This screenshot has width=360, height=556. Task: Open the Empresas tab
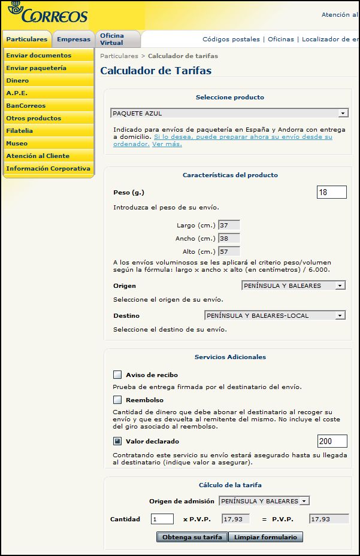pos(74,40)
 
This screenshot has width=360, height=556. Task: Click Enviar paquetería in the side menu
pos(36,68)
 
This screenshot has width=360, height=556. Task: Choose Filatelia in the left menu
pos(20,131)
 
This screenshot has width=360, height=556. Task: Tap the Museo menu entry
pos(17,144)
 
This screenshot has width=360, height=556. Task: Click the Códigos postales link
pos(231,40)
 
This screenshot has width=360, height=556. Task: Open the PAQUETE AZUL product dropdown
pos(229,113)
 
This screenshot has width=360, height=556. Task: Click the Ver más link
pos(167,144)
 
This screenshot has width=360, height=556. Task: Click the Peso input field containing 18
pos(332,192)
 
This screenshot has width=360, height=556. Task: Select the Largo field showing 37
pos(229,226)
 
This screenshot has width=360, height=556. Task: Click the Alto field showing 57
pos(229,251)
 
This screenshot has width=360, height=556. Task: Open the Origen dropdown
pos(294,286)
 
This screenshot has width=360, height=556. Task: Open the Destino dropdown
pos(275,315)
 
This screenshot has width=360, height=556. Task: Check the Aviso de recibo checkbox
pos(117,375)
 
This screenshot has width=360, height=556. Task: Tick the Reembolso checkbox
pos(117,400)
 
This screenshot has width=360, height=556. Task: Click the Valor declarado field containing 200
pos(332,441)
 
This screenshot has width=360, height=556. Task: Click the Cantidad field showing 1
pos(162,519)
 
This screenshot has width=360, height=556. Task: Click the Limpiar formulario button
pos(265,537)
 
